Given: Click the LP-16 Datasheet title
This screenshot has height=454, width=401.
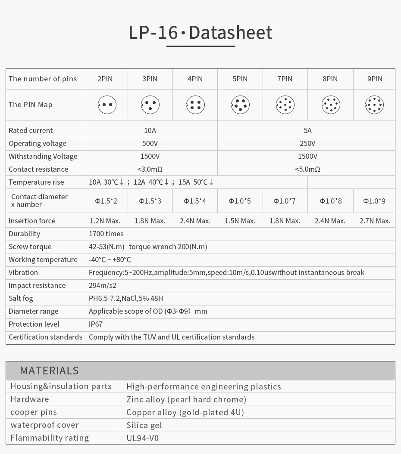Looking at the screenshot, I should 200,33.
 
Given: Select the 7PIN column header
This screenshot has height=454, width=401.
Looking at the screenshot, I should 285,79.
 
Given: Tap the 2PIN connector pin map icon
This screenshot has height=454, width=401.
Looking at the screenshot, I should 107,105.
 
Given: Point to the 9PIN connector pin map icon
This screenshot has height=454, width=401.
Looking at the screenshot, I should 374,105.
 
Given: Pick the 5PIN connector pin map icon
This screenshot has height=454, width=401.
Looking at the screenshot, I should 240,105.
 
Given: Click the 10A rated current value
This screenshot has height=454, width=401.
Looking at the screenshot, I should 150,130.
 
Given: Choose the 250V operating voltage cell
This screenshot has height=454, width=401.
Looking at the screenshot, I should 307,143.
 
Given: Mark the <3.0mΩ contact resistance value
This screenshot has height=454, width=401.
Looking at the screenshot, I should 150,169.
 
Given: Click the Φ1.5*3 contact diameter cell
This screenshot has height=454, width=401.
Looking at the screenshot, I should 150,201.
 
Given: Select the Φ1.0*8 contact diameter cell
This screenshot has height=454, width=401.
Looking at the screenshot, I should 330,201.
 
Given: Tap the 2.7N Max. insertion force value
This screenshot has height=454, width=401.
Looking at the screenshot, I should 375,221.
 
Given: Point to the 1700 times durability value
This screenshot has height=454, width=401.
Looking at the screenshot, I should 106,234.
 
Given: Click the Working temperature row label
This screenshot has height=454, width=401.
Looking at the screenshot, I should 43,259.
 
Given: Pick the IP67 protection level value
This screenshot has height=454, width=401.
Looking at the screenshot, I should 96,324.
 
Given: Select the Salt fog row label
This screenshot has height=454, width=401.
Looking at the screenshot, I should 21,298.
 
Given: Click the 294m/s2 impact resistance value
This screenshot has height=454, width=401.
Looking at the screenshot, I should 103,285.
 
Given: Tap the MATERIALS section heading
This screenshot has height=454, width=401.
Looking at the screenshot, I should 49,371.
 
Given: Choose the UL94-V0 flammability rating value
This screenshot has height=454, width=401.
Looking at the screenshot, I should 143,438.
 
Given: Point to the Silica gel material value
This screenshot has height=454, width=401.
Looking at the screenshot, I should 144,425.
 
